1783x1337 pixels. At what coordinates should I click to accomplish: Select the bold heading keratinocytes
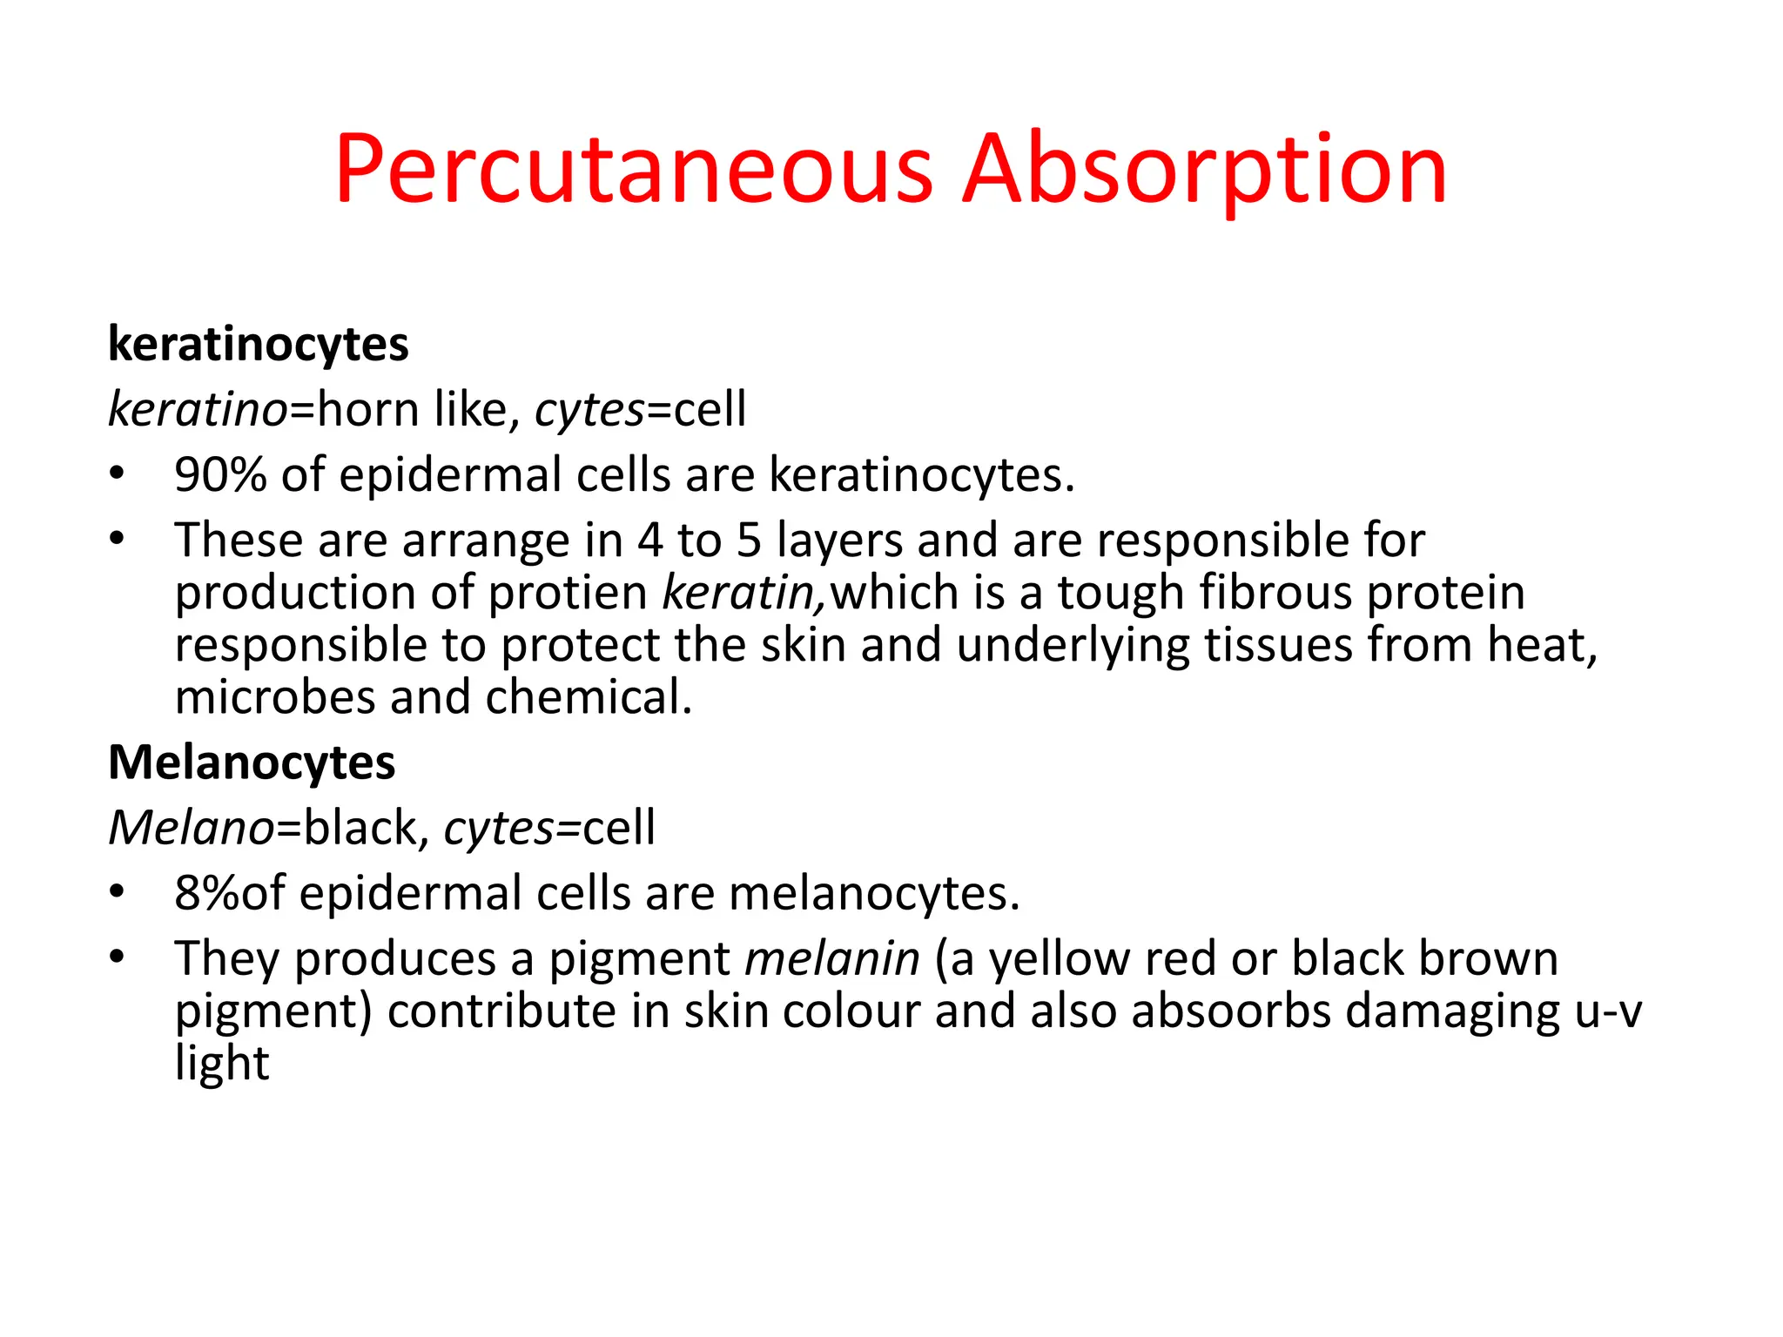[258, 345]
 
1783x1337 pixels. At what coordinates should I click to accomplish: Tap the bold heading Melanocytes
[252, 763]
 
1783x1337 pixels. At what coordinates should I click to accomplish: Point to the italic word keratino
[198, 409]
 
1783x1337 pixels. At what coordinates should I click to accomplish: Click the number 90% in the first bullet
[220, 475]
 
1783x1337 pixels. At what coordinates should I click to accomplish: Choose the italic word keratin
[739, 593]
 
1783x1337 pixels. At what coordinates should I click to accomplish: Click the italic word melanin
[832, 958]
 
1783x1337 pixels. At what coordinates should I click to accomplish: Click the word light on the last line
[222, 1064]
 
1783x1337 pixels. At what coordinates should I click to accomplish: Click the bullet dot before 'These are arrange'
[118, 539]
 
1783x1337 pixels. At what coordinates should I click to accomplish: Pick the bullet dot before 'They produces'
[118, 957]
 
